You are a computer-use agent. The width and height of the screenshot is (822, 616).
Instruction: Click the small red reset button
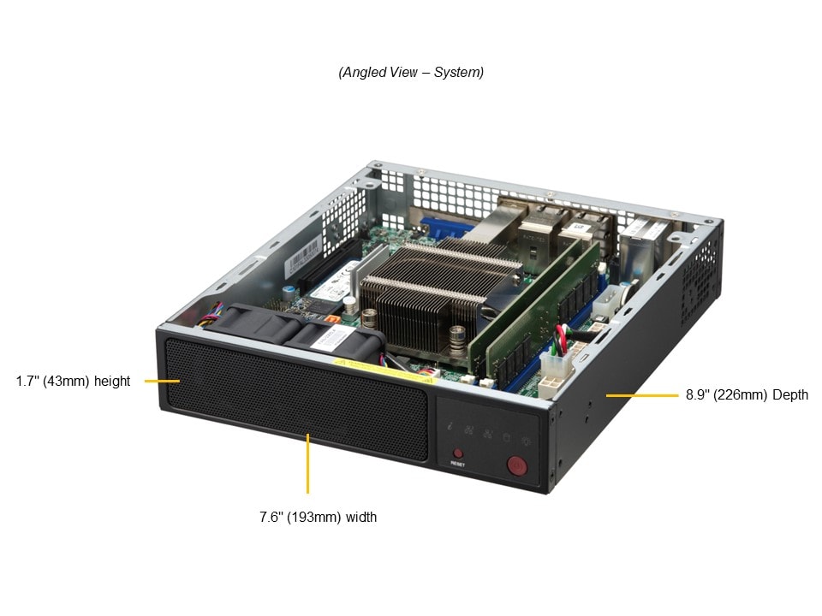458,453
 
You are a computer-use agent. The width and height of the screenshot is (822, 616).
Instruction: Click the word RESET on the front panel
457,464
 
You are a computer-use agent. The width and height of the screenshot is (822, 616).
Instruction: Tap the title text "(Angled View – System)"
411,72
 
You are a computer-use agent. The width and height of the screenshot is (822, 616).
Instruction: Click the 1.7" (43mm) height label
73,381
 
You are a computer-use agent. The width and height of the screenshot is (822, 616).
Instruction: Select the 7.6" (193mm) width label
319,517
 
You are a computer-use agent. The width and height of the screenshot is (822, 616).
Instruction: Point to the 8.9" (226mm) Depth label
747,395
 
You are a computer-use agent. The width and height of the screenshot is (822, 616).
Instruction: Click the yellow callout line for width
307,464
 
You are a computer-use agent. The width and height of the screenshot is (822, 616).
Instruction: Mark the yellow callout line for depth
641,395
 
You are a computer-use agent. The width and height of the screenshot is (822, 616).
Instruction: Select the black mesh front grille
296,398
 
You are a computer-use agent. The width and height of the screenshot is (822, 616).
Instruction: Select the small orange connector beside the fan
331,318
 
